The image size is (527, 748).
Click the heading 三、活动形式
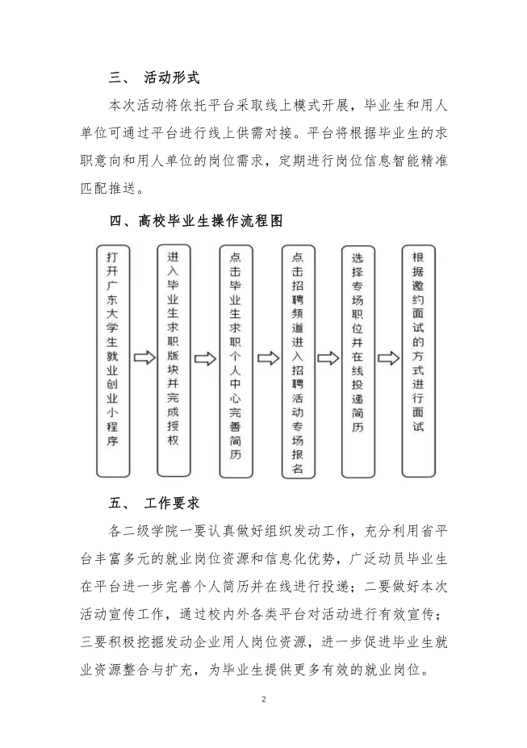tap(154, 78)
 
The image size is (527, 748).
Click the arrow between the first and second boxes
tap(144, 357)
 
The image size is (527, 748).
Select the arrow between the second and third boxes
tap(204, 357)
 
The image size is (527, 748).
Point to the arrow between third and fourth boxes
tap(266, 357)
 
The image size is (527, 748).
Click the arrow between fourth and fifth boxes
tap(328, 357)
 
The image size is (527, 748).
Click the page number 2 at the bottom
tap(263, 700)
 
